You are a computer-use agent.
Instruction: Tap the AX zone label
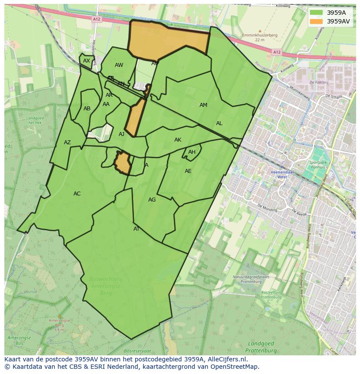[87, 61]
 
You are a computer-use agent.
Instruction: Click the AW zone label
[119, 65]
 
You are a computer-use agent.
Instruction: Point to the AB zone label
[87, 109]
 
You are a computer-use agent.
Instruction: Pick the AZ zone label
[67, 142]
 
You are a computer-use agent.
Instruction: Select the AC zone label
[77, 194]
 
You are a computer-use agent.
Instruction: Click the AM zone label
[203, 105]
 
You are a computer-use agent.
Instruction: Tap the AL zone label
[219, 123]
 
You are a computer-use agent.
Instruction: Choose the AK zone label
[178, 140]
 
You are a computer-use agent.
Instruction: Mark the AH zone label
[192, 152]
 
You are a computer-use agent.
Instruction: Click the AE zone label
[188, 171]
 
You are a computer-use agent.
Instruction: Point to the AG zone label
[152, 200]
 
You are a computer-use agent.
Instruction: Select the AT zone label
[137, 229]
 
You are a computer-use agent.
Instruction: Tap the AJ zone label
[122, 134]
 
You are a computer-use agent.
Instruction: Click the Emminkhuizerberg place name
[260, 36]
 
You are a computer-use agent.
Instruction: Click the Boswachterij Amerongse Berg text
[105, 286]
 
